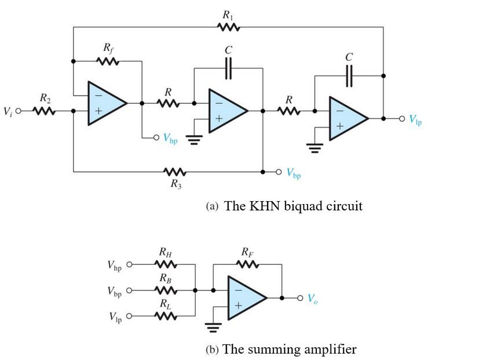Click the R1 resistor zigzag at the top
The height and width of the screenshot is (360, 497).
click(228, 27)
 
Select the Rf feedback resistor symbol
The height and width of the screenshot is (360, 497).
click(108, 61)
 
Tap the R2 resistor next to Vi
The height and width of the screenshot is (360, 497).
click(44, 111)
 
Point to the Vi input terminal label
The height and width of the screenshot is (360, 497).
click(7, 111)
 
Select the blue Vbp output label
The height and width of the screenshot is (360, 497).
click(293, 173)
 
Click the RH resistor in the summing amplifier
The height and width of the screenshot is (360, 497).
click(166, 264)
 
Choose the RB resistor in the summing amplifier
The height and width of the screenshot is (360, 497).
click(166, 289)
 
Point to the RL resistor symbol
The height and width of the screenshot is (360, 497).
click(166, 316)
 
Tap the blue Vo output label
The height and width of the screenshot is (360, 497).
click(313, 299)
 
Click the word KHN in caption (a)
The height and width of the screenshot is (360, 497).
click(264, 206)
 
